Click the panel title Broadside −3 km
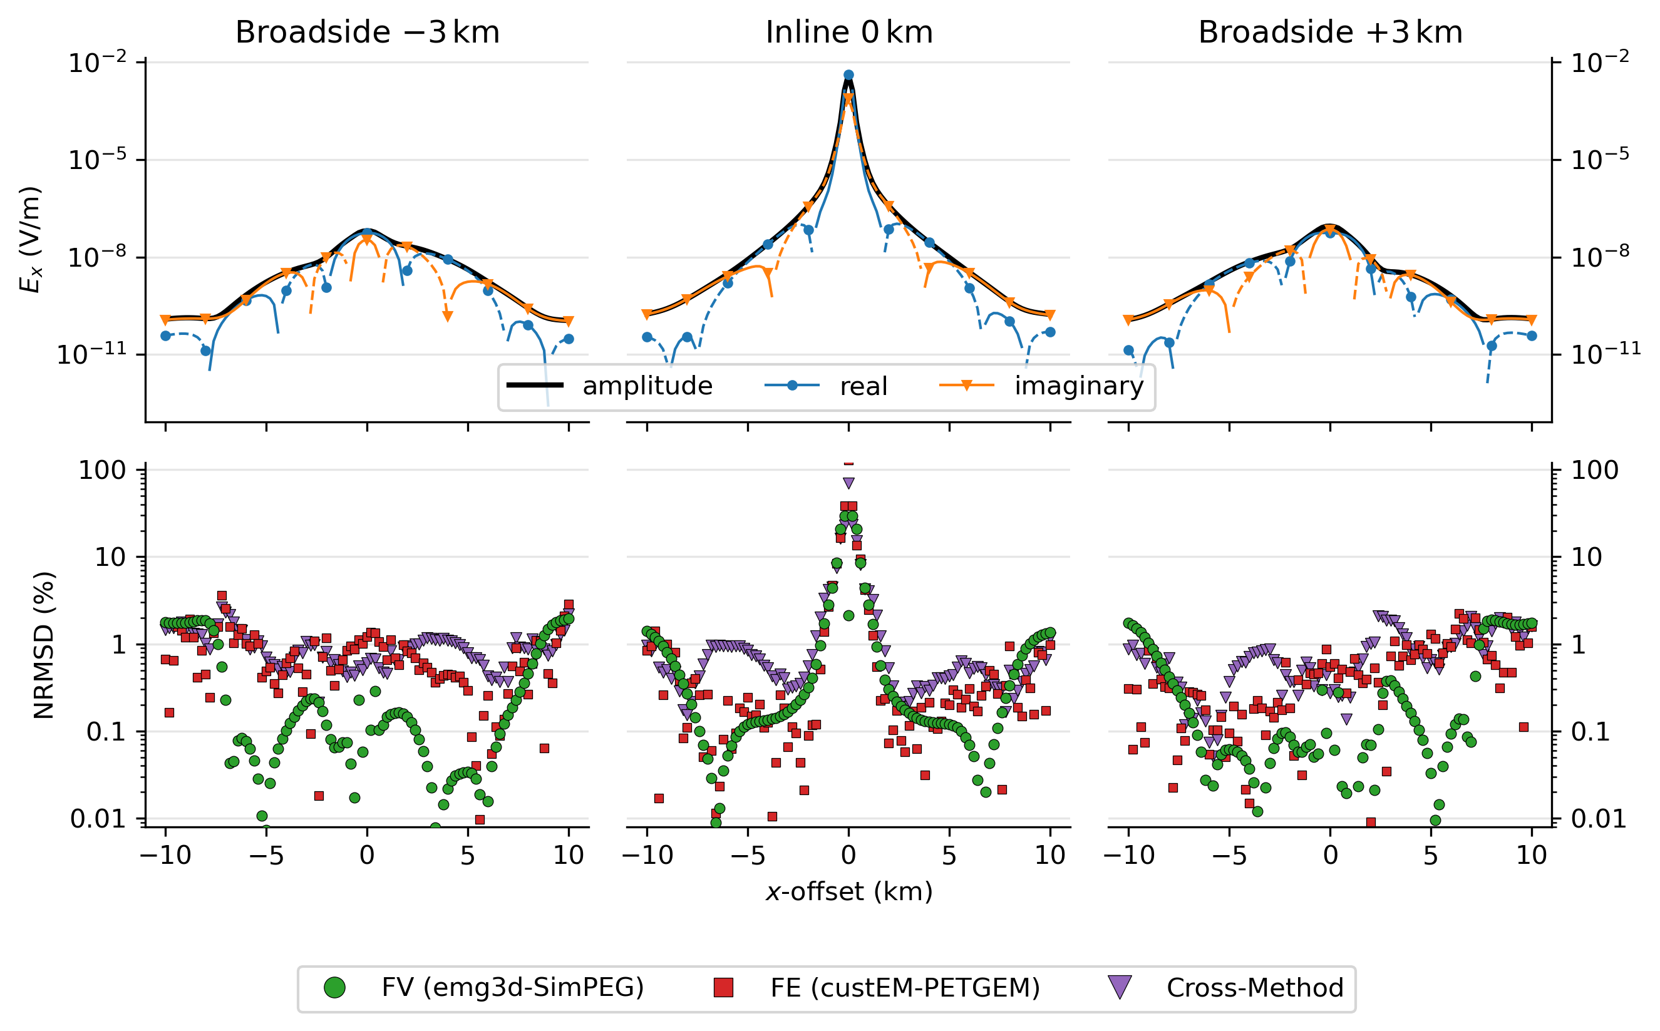coord(367,32)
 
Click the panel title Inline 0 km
coord(848,32)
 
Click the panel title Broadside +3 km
coord(1330,32)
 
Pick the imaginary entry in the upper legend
coord(1078,386)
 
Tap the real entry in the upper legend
coord(863,387)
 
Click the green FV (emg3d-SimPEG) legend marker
coord(334,987)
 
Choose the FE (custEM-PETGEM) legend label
coord(905,987)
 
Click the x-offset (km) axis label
coord(848,891)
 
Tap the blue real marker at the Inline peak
coord(848,75)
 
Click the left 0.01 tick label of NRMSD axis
coord(98,818)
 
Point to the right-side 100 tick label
coord(1594,470)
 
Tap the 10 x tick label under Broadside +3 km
coord(1531,854)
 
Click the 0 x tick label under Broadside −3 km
coord(367,854)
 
